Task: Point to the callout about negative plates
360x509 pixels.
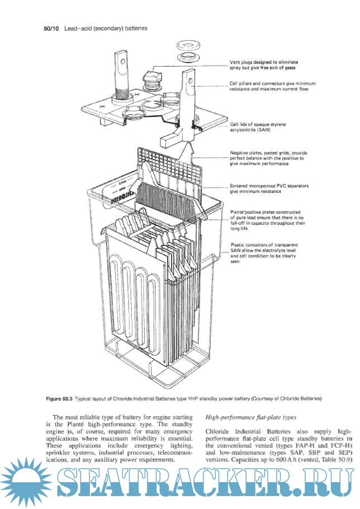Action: coord(268,159)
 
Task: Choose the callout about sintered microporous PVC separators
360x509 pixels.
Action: coord(269,188)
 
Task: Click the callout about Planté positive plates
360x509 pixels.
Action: coord(268,219)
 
